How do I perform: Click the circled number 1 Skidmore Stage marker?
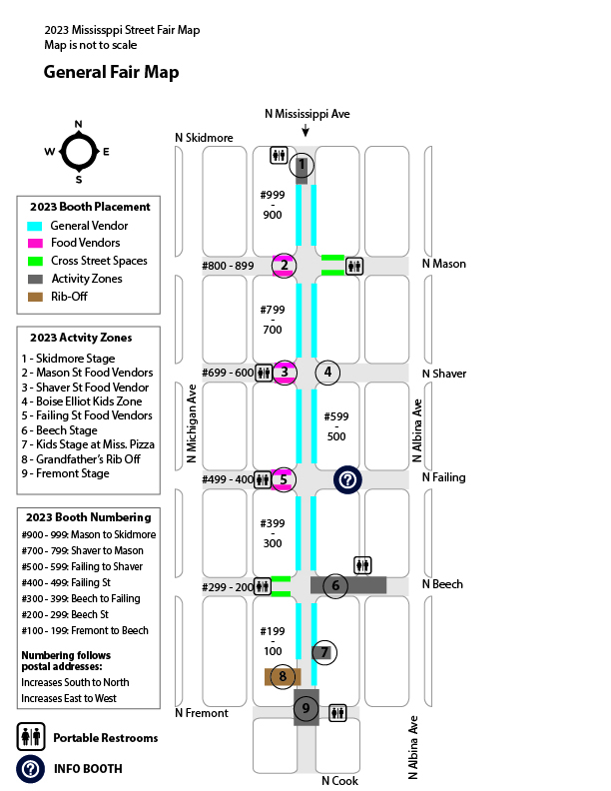(x=302, y=166)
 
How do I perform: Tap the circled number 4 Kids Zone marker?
(x=327, y=373)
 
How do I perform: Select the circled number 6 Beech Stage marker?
(x=335, y=585)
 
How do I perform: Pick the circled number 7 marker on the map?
(x=324, y=653)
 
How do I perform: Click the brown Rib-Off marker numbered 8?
(x=283, y=677)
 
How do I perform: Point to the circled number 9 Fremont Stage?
(x=306, y=708)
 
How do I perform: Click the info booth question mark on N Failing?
(x=347, y=479)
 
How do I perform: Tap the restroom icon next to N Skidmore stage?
(x=279, y=156)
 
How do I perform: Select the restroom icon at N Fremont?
(x=337, y=713)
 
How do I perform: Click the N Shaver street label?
(x=444, y=374)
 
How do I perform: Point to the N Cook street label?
(x=339, y=781)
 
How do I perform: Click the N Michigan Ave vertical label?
(x=191, y=423)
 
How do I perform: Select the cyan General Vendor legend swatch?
(x=35, y=226)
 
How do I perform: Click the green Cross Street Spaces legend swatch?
(x=35, y=262)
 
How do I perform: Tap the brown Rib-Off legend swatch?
(x=35, y=298)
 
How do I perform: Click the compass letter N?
(x=78, y=124)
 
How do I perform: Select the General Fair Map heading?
(x=112, y=72)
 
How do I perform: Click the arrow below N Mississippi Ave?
(x=305, y=130)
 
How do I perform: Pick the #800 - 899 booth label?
(x=228, y=266)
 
